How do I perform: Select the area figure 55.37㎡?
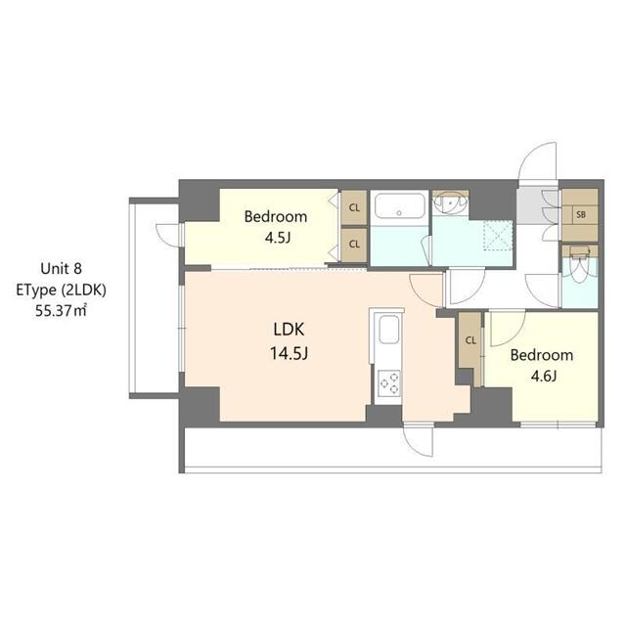61,310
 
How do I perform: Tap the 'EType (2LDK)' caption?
61,290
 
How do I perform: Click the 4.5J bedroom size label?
275,239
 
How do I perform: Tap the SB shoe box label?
580,214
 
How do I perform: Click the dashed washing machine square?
499,235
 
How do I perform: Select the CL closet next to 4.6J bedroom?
470,340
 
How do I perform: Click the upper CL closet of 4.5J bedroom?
353,207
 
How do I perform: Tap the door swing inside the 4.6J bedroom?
508,330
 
